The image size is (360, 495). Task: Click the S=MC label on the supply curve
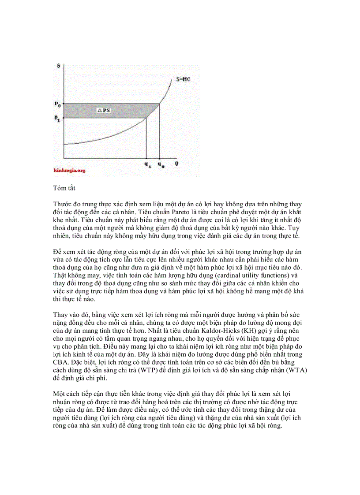183,80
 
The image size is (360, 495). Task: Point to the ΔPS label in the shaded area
104,110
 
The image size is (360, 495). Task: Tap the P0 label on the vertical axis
57,104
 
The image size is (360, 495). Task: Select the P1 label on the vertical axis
57,118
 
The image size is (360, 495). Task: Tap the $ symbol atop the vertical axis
59,66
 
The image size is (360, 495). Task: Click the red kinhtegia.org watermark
69,170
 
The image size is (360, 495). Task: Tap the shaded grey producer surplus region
128,111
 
